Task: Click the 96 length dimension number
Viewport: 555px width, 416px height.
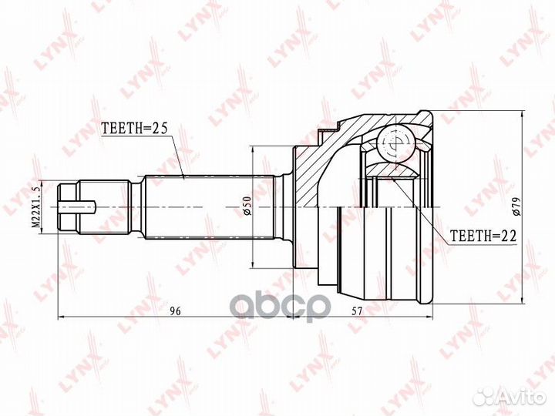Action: point(175,310)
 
